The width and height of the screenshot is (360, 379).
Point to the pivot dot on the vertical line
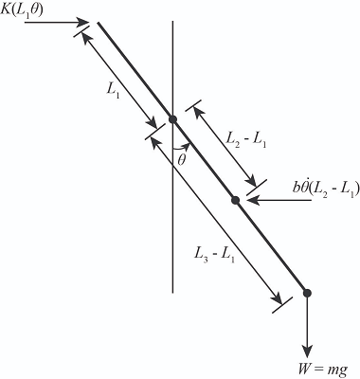172,118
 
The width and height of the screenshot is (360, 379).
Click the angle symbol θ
182,159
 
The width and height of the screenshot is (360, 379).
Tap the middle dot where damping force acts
235,199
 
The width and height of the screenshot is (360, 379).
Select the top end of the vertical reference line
172,21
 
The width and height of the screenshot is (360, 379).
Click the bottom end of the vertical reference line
172,291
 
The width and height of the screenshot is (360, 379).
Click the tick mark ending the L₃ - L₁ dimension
279,304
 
